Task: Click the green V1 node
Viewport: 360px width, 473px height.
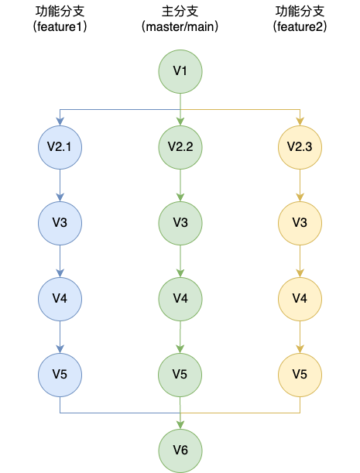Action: (180, 71)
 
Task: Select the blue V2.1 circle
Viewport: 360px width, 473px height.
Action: (60, 147)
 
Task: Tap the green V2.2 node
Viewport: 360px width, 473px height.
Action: (180, 147)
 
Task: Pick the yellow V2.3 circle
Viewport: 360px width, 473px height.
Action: (300, 147)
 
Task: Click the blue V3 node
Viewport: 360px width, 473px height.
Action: (60, 223)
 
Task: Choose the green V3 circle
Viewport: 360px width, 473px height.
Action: (180, 223)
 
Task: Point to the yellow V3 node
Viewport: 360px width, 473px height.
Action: (300, 223)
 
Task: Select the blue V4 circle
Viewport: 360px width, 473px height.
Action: (60, 299)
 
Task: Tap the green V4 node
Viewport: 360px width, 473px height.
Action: (180, 299)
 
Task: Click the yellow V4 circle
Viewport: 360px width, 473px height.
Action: (300, 299)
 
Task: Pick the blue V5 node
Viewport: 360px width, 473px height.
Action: (60, 375)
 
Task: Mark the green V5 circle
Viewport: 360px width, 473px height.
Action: (180, 375)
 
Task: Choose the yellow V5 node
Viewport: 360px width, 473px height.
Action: (300, 375)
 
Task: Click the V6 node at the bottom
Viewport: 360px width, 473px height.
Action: (180, 451)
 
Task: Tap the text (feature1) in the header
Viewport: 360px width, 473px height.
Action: (60, 26)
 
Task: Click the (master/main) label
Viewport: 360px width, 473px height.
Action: (180, 26)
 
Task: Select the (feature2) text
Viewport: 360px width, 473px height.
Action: (300, 26)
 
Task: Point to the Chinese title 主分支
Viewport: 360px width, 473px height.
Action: (180, 12)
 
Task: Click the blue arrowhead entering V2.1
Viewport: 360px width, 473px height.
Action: (60, 122)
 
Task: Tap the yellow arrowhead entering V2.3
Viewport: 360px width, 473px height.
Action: (300, 122)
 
